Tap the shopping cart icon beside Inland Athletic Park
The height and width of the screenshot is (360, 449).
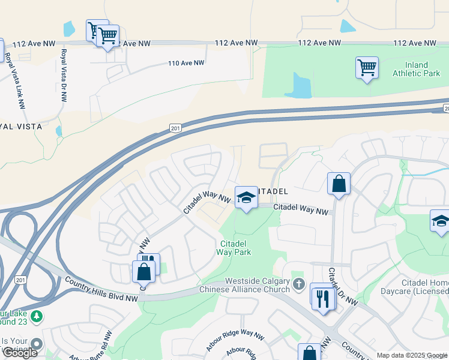tap(367, 67)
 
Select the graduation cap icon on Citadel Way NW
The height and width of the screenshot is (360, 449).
tap(245, 197)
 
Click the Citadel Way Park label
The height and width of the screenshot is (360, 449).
tap(234, 248)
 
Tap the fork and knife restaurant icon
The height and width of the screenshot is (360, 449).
tap(324, 298)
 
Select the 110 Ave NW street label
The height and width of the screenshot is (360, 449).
tap(186, 63)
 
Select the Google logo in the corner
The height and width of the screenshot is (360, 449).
tap(20, 353)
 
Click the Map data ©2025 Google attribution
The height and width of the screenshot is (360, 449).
tap(412, 355)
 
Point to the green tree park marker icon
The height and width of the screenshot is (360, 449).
tap(37, 316)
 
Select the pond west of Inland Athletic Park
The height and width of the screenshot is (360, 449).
tap(299, 85)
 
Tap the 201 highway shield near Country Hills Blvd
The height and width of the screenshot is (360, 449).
tap(21, 280)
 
